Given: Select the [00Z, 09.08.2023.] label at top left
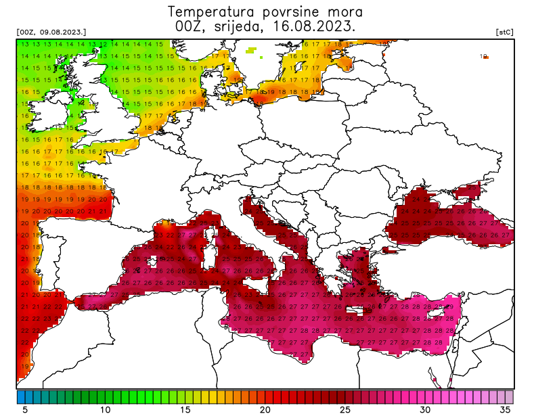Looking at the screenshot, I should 51,32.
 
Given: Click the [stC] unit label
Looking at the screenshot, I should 504,32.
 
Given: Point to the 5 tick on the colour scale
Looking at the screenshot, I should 25,409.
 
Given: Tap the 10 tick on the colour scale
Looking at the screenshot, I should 105,409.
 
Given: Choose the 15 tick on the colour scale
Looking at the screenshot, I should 185,409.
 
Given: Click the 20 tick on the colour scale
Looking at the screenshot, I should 265,409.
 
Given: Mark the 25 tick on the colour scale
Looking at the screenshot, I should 345,409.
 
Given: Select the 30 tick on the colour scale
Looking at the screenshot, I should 425,409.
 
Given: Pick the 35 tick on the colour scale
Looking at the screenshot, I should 505,409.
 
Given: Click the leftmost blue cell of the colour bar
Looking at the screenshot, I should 21,396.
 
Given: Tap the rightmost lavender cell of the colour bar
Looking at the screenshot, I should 509,396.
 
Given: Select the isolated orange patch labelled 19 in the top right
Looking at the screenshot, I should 485,57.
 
